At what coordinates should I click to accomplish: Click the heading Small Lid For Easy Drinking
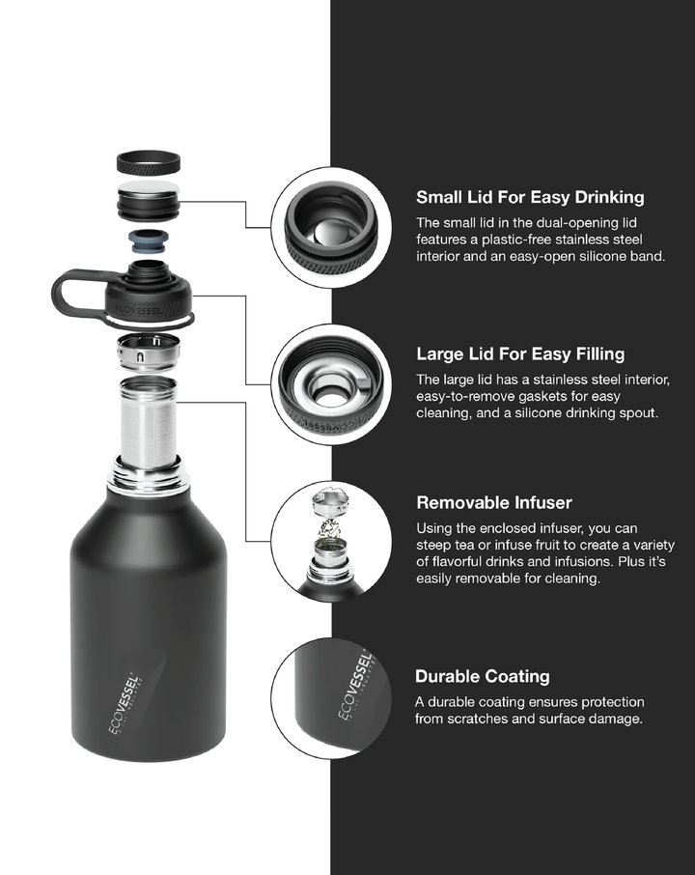pyautogui.click(x=529, y=198)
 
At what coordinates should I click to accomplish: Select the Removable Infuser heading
pyautogui.click(x=494, y=503)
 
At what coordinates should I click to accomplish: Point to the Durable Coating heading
pyautogui.click(x=483, y=676)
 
